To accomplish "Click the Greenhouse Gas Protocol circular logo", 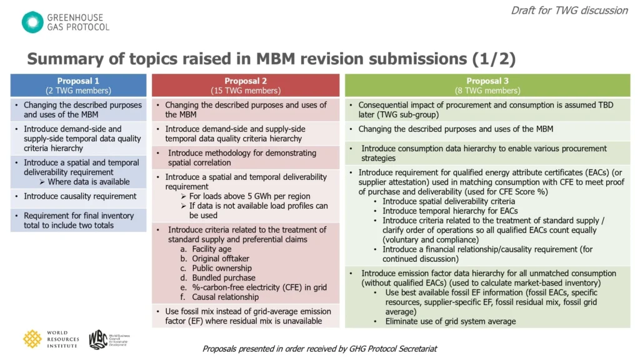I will (32, 22).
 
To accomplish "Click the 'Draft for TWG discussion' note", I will (569, 10).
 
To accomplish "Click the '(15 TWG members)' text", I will (246, 91).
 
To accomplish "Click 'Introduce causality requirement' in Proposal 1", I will (80, 196).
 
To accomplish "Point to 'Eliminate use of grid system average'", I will (450, 321).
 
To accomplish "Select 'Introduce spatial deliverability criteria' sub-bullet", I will (449, 201).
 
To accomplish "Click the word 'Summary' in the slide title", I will (62, 59).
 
